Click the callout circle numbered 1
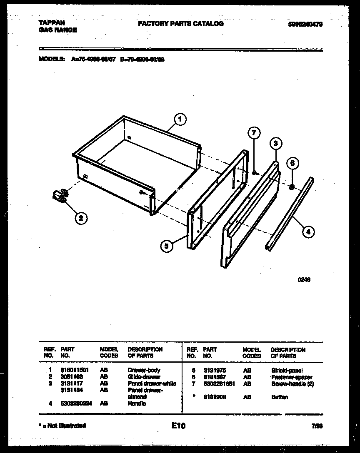(x=180, y=120)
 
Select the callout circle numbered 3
(x=275, y=144)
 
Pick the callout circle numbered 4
(x=308, y=232)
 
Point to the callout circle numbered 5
(x=166, y=246)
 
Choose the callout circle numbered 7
(x=254, y=133)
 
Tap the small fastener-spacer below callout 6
(x=292, y=187)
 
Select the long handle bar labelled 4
(x=288, y=213)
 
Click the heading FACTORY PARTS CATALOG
(x=180, y=24)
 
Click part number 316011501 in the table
(x=75, y=370)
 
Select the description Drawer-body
(x=143, y=370)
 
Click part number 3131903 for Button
(x=215, y=397)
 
